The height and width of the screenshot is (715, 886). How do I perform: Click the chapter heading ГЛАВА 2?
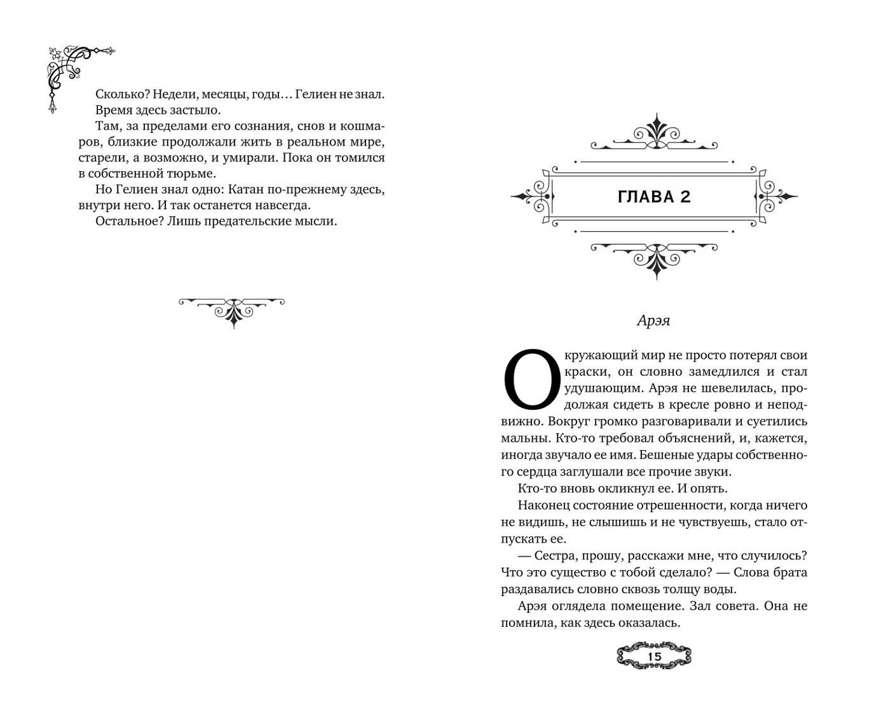(653, 197)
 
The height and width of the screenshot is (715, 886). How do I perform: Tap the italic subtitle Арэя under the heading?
(653, 321)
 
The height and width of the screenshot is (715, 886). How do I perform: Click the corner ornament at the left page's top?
(73, 73)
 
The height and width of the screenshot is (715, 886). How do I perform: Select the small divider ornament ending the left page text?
(232, 310)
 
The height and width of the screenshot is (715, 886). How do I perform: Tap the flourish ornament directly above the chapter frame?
(654, 137)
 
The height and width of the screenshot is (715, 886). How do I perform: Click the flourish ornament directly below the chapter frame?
(654, 257)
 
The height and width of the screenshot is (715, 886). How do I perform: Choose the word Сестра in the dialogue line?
(557, 555)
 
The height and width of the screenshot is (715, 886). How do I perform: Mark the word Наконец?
(543, 505)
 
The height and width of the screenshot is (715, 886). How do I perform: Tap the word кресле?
(639, 404)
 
